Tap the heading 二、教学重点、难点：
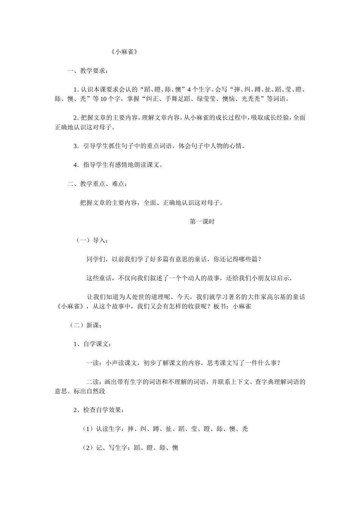point(97,184)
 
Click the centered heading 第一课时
point(202,222)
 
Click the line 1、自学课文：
point(92,344)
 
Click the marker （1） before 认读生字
point(88,429)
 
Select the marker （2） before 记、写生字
point(88,448)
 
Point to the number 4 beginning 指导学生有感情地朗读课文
point(75,165)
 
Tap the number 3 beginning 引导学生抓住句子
point(75,146)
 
